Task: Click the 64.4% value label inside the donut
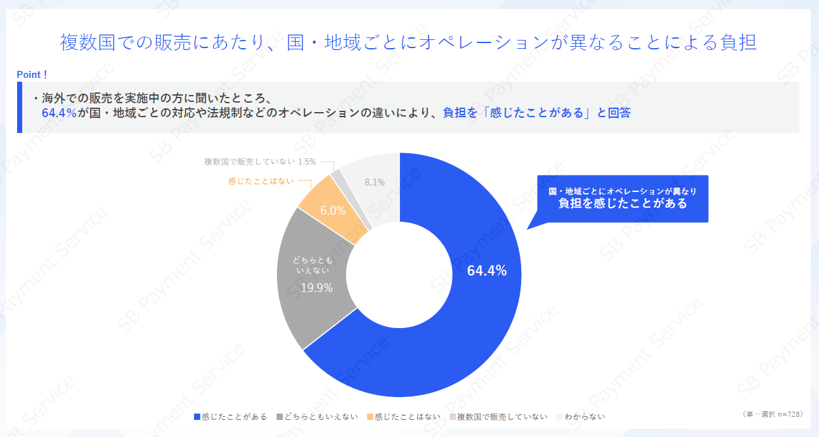486,271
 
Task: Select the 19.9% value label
316,288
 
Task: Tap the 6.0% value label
333,211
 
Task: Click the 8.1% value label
375,182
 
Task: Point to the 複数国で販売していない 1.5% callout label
260,161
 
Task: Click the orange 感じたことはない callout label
261,181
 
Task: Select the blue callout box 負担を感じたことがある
622,198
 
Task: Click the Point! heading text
32,75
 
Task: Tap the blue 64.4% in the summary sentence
59,113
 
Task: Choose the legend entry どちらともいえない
317,417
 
